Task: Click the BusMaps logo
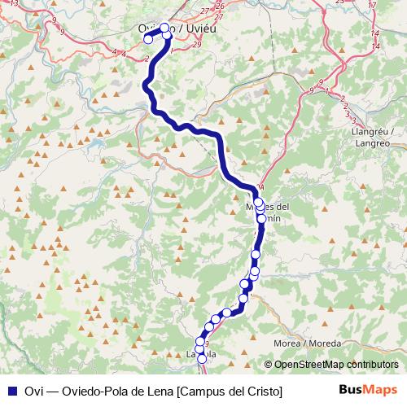367,390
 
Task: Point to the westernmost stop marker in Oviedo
148,38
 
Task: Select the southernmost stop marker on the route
202,358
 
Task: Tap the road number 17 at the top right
372,6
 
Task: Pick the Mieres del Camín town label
268,211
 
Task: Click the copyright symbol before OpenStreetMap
269,365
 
